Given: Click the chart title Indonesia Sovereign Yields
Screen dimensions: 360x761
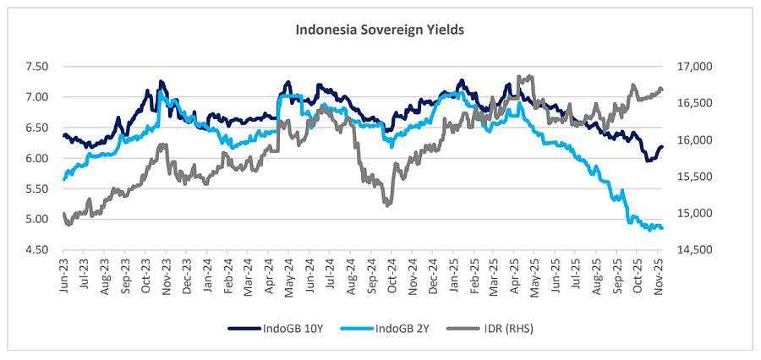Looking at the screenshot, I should point(380,30).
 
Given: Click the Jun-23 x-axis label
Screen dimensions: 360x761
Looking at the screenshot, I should point(64,273).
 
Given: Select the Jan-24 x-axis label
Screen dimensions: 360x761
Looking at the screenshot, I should point(208,273).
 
